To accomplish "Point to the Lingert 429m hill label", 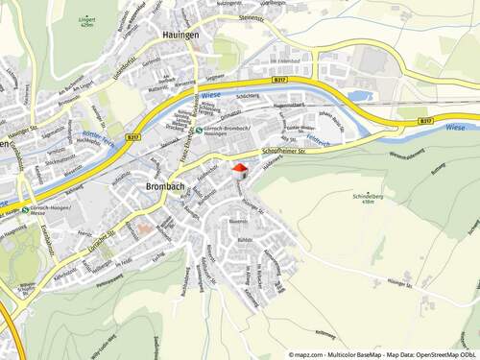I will coord(87,19).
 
